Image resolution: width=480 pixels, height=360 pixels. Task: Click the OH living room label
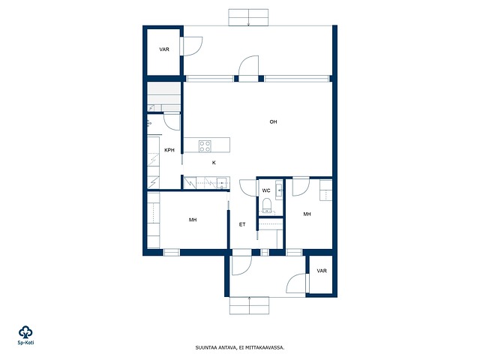point(273,121)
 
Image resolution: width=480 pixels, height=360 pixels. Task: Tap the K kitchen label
point(214,163)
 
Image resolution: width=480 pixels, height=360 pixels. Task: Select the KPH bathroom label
point(169,150)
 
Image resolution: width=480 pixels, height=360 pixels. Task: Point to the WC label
point(266,190)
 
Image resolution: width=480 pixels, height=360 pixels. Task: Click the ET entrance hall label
point(242,224)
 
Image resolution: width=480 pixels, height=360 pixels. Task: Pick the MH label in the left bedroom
point(193,220)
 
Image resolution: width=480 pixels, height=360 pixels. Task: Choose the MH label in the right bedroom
point(307,214)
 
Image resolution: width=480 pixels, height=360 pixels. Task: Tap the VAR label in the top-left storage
point(164,49)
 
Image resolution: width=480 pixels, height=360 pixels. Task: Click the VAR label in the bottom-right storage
point(322,271)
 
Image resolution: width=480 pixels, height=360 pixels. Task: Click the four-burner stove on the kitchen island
point(205,146)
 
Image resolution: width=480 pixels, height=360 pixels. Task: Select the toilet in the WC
point(267,205)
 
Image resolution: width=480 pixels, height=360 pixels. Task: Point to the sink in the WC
point(279,190)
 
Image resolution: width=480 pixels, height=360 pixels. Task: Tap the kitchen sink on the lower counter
point(222,183)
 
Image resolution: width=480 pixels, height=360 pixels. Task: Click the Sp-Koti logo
point(25,335)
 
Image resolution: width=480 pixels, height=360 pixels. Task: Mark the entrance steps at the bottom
point(249,305)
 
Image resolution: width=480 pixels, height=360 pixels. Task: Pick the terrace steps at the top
point(248,17)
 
